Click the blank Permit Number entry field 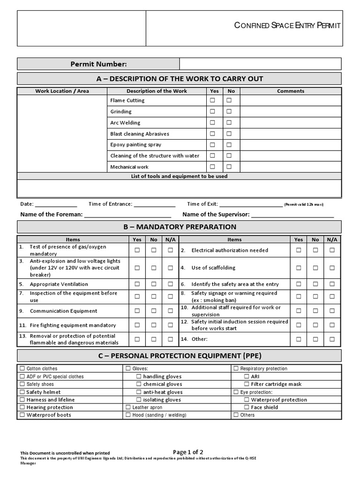[x=261, y=64]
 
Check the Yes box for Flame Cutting [x=212, y=100]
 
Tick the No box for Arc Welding [x=229, y=123]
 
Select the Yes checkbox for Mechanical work [x=212, y=166]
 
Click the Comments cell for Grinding [x=291, y=112]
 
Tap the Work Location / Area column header [x=62, y=91]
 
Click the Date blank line [x=56, y=205]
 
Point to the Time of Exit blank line [x=251, y=205]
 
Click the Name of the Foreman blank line [x=127, y=215]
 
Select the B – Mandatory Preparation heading [x=180, y=227]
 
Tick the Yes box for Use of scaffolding [x=299, y=268]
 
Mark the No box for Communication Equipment [x=154, y=311]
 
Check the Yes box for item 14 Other [x=299, y=339]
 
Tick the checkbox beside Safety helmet [x=22, y=392]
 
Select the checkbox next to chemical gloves [x=139, y=384]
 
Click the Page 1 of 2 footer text [x=188, y=452]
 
